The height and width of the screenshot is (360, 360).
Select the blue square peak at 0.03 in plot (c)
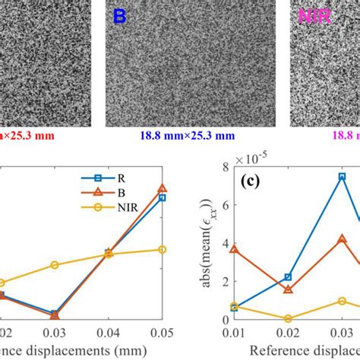pos(343,176)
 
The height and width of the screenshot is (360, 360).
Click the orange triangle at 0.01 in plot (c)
pos(234,248)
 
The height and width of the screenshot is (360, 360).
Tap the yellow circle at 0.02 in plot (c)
pos(288,319)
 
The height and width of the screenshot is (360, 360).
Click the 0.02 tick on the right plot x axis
pos(288,333)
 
